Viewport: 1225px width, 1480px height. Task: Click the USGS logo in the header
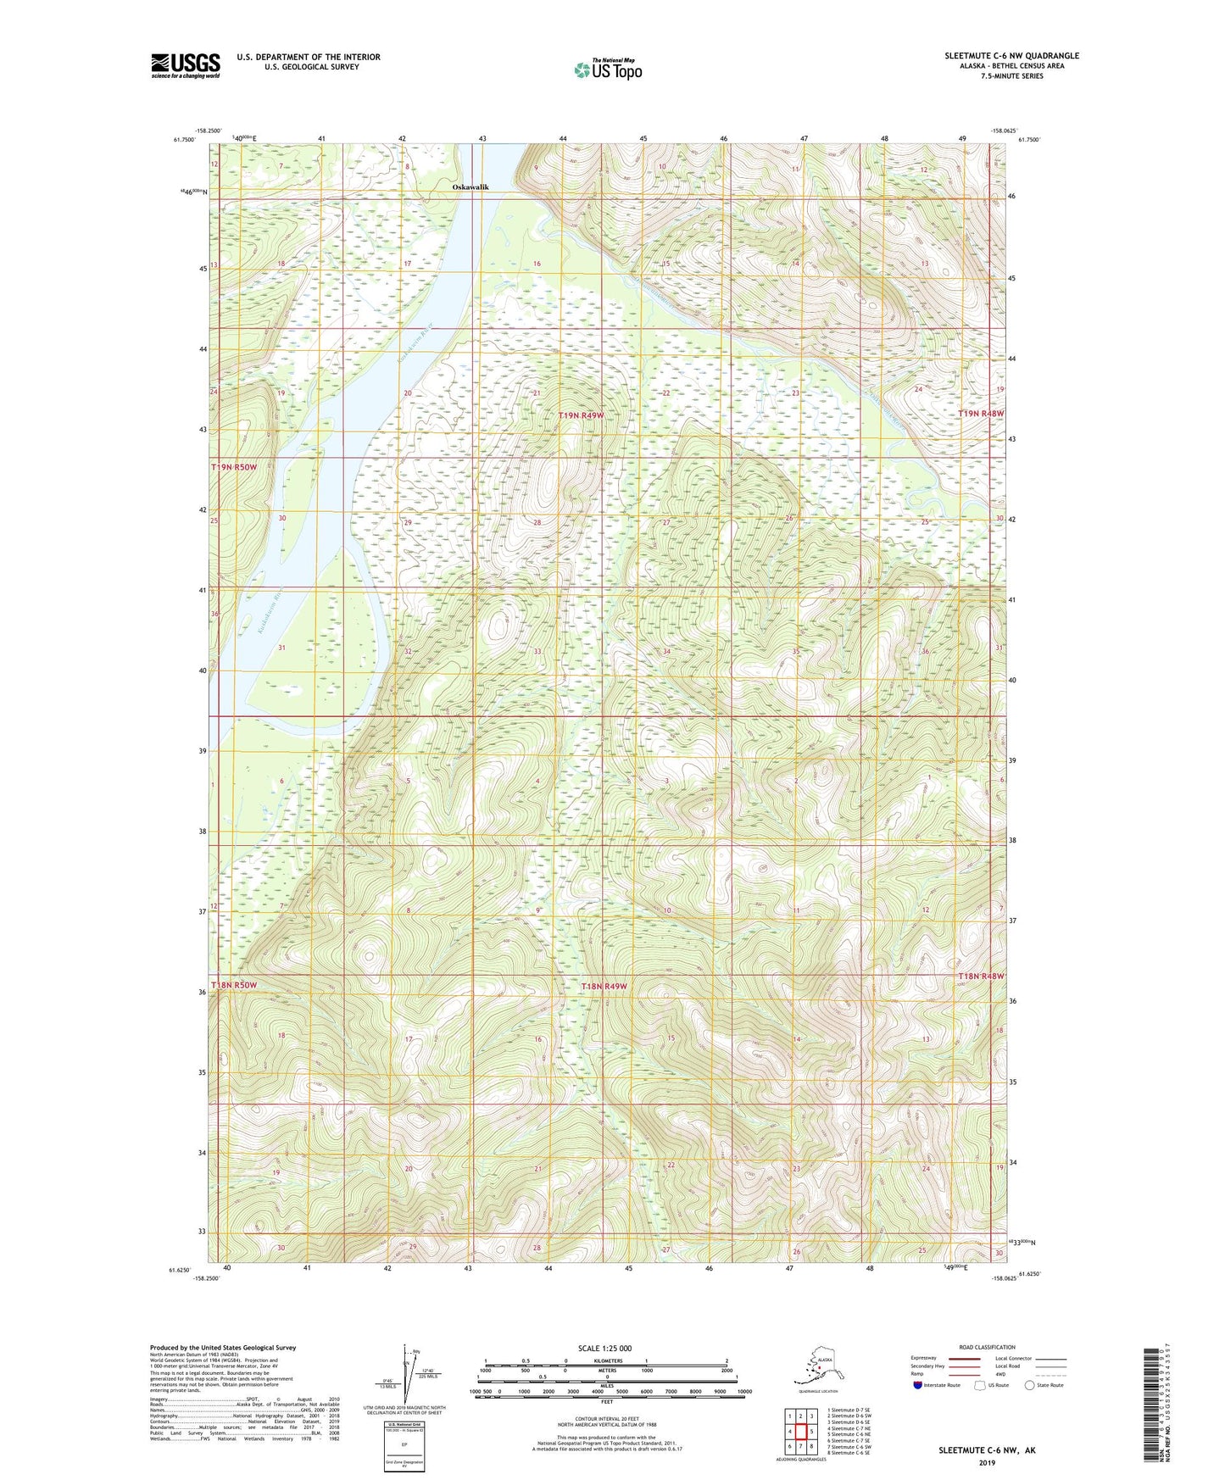click(186, 65)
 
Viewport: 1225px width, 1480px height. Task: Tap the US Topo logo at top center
click(608, 69)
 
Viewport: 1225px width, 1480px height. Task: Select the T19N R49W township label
click(581, 415)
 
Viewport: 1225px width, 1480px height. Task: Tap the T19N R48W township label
click(981, 413)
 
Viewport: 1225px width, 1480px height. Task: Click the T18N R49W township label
click(604, 986)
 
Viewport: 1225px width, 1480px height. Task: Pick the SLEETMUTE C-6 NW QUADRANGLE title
click(1011, 56)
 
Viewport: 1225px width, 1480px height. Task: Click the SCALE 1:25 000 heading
click(605, 1349)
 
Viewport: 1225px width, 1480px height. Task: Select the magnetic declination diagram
click(405, 1379)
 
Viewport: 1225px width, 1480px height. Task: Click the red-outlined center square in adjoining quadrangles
click(800, 1431)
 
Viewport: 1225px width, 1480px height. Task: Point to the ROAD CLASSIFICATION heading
click(987, 1347)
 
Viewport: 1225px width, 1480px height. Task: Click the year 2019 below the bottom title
click(987, 1462)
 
